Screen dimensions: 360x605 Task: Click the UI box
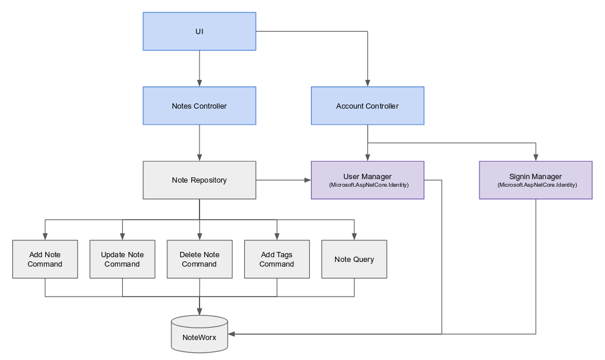pyautogui.click(x=200, y=31)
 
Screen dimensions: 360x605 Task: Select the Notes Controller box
pyautogui.click(x=200, y=106)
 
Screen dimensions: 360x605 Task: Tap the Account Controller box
pyautogui.click(x=367, y=106)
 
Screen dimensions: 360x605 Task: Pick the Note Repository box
pyautogui.click(x=200, y=180)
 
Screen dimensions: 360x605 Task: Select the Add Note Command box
pyautogui.click(x=45, y=259)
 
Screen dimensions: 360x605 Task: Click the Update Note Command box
pyautogui.click(x=122, y=259)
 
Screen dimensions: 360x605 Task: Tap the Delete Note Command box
pyautogui.click(x=200, y=259)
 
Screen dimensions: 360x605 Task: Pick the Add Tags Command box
pyautogui.click(x=276, y=259)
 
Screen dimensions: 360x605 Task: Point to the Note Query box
pyautogui.click(x=354, y=259)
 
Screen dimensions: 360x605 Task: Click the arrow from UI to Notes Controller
pyautogui.click(x=200, y=68)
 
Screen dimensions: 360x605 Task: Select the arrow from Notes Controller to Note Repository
pyautogui.click(x=200, y=143)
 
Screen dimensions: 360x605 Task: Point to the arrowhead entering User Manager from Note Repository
pyautogui.click(x=307, y=180)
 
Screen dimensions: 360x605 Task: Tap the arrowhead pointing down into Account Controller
pyautogui.click(x=367, y=83)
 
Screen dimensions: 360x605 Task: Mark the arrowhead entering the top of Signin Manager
pyautogui.click(x=535, y=157)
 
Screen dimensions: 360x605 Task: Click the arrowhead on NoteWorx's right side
pyautogui.click(x=232, y=334)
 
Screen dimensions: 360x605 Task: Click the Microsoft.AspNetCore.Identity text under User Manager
pyautogui.click(x=367, y=185)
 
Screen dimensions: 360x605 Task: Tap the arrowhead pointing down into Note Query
pyautogui.click(x=354, y=236)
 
